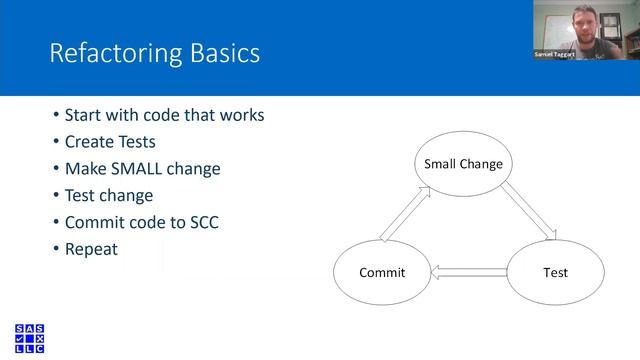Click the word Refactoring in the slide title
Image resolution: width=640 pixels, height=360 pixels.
click(110, 52)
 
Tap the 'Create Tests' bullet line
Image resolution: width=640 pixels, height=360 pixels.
click(110, 141)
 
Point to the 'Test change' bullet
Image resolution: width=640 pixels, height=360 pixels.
click(109, 195)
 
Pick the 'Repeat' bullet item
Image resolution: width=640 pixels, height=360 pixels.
click(91, 249)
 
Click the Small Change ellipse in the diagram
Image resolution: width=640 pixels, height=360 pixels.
click(463, 163)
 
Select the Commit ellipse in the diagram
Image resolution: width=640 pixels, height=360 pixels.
click(382, 272)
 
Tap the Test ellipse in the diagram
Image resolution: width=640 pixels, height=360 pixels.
click(555, 272)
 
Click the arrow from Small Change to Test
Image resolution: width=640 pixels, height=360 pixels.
click(527, 213)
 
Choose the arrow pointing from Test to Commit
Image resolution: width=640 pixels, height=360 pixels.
click(468, 271)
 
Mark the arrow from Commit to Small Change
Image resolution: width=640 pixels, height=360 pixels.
click(404, 213)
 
